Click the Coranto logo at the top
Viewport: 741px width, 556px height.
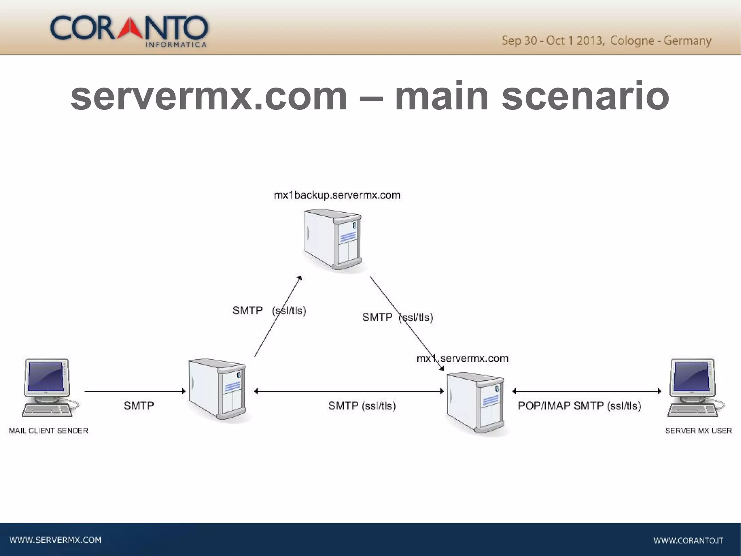[129, 31]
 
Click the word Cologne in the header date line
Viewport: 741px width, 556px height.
[632, 41]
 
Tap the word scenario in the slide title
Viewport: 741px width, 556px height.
[585, 96]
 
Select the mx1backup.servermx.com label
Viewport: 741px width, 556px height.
[337, 195]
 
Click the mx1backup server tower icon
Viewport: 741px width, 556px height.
[333, 239]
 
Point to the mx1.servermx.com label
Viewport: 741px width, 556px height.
[462, 359]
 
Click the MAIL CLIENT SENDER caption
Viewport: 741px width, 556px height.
[48, 431]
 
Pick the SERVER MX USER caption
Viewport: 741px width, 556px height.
[698, 431]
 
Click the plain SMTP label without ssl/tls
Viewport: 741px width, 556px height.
[139, 406]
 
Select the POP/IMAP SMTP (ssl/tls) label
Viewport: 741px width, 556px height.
[579, 406]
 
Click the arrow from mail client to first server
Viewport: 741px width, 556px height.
[135, 391]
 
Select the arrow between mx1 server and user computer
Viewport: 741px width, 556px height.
[587, 391]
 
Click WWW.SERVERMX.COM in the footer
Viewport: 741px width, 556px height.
[55, 540]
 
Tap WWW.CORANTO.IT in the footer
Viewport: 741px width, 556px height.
[688, 541]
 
